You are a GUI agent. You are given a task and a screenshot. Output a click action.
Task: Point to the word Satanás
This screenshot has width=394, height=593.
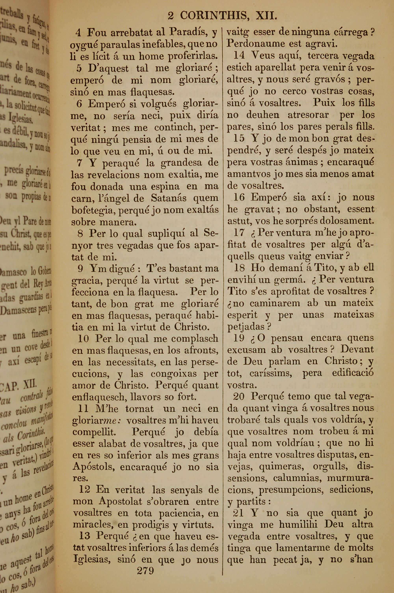click(x=169, y=198)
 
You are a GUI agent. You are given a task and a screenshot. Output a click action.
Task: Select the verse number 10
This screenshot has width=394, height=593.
click(x=83, y=339)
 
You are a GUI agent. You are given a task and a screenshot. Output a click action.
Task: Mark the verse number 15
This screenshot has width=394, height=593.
click(x=239, y=138)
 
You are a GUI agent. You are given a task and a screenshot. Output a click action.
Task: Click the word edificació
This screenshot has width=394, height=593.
click(x=353, y=373)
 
